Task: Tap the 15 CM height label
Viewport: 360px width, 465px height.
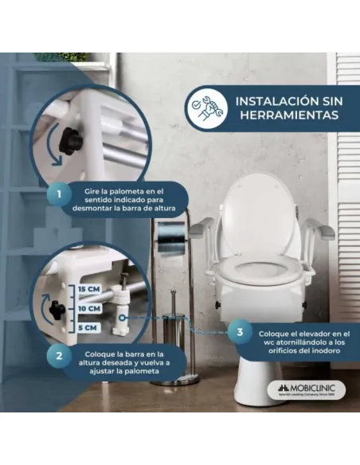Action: coord(89,287)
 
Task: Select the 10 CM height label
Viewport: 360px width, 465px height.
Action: coord(89,307)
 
